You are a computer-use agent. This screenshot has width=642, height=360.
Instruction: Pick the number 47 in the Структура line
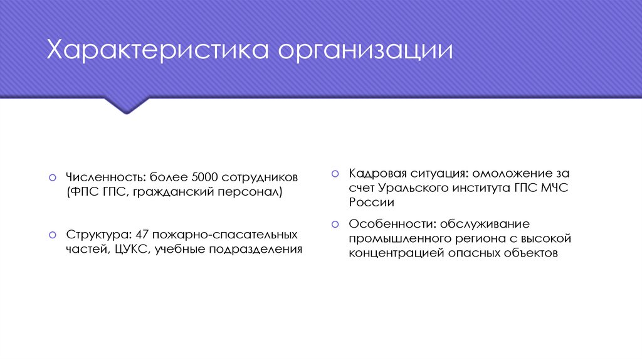[x=142, y=235]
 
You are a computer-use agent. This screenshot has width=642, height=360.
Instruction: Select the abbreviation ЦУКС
[x=133, y=250]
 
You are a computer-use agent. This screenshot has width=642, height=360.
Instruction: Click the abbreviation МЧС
[x=553, y=188]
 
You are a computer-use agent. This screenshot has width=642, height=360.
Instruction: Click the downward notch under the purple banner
[x=126, y=107]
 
